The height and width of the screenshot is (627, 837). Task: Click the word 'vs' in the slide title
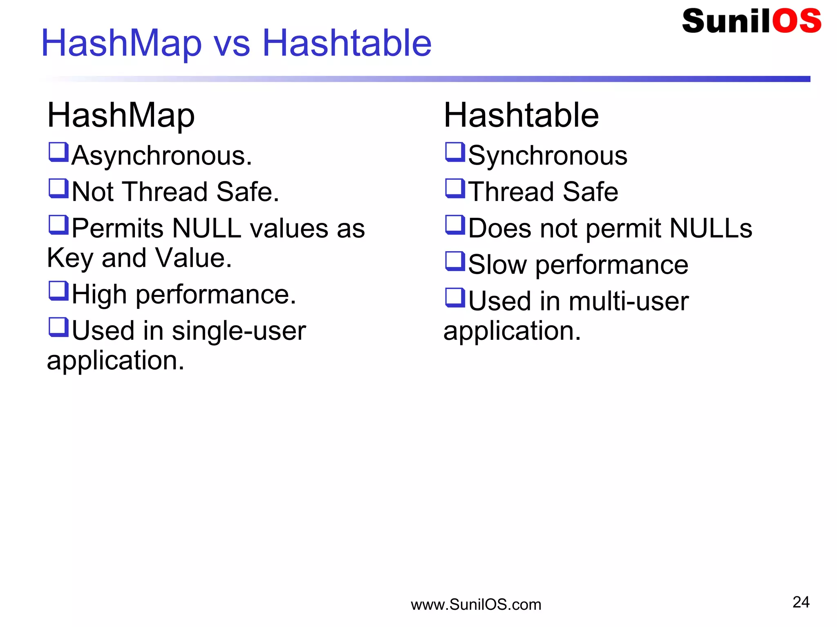pyautogui.click(x=232, y=44)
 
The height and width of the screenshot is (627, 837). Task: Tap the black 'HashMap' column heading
pyautogui.click(x=121, y=116)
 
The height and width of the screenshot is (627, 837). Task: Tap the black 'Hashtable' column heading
pyautogui.click(x=521, y=116)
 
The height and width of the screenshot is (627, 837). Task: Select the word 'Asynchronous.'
pyautogui.click(x=162, y=156)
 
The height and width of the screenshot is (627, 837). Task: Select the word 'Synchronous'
pyautogui.click(x=548, y=156)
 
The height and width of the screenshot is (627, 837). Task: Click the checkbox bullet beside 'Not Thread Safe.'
pyautogui.click(x=58, y=189)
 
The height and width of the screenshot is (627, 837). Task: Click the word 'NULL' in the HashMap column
pyautogui.click(x=207, y=228)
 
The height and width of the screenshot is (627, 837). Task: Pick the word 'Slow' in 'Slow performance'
pyautogui.click(x=497, y=265)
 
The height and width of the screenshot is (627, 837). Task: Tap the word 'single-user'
pyautogui.click(x=239, y=331)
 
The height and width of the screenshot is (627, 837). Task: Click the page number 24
pyautogui.click(x=801, y=602)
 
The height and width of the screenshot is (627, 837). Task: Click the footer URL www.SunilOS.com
pyautogui.click(x=476, y=605)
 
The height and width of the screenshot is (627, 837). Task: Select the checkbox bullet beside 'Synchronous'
pyautogui.click(x=455, y=152)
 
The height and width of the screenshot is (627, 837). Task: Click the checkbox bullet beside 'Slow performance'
pyautogui.click(x=455, y=261)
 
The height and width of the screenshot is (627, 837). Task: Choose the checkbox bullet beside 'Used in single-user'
pyautogui.click(x=58, y=328)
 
